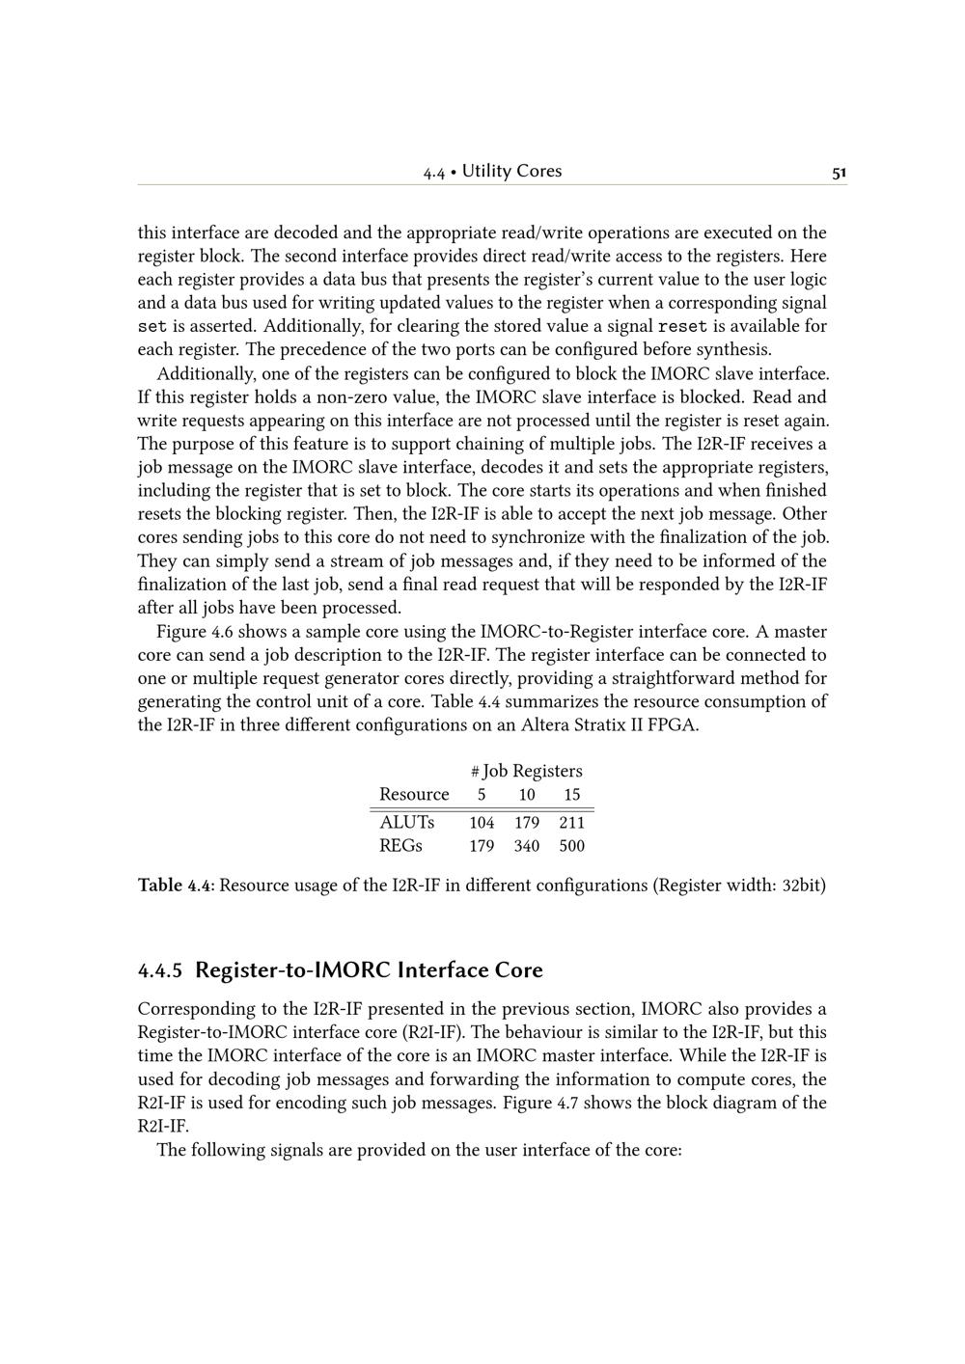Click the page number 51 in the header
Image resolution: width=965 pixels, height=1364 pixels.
839,173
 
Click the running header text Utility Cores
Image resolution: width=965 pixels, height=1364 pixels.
511,172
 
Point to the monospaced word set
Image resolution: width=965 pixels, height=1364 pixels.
151,326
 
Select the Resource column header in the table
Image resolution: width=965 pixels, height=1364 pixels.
414,795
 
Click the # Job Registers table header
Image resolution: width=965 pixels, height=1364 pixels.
527,771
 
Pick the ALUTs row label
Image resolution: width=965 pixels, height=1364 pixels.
406,823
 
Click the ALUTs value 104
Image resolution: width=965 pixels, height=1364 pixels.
482,823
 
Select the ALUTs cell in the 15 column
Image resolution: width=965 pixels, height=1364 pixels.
572,823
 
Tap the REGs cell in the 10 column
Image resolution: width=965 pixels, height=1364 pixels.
527,846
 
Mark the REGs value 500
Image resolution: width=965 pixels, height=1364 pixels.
572,846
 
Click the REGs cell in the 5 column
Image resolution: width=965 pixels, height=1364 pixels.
482,846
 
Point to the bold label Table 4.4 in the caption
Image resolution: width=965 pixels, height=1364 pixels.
177,886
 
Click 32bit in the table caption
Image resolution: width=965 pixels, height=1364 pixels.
804,886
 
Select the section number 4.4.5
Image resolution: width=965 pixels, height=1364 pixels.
161,970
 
